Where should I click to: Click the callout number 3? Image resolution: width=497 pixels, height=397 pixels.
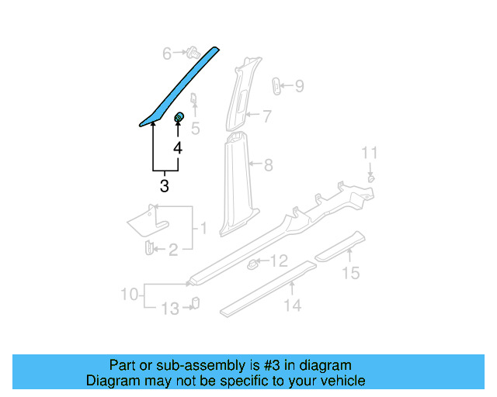click(x=164, y=186)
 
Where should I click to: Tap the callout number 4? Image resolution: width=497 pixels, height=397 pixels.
click(x=178, y=147)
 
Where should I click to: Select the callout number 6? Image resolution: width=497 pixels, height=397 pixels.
click(x=166, y=54)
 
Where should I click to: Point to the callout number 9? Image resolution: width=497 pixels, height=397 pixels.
click(x=299, y=86)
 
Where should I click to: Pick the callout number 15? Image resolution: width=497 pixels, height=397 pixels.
click(x=352, y=273)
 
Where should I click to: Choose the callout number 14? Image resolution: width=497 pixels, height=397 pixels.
click(x=292, y=306)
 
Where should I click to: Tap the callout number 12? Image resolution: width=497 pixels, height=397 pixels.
click(x=279, y=261)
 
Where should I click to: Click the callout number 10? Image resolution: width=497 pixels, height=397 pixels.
click(x=130, y=295)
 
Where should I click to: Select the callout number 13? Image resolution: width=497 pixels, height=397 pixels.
click(x=169, y=309)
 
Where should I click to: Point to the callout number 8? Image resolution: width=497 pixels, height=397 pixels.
click(x=268, y=164)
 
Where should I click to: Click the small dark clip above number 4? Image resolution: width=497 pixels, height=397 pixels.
click(x=178, y=118)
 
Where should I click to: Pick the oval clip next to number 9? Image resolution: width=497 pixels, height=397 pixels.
click(x=276, y=85)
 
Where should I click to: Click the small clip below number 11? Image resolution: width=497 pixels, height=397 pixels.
click(x=370, y=178)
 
